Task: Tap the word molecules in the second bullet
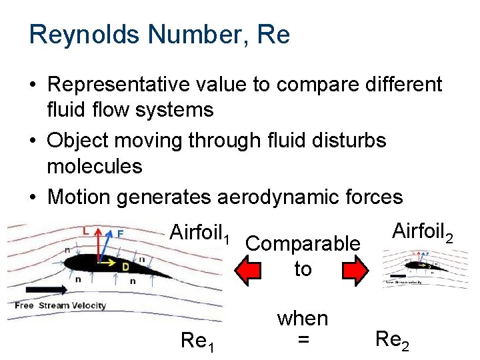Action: click(95, 166)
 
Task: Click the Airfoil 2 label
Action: click(423, 232)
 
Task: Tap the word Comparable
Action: click(303, 244)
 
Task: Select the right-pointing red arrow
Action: click(354, 270)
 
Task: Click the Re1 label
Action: click(198, 341)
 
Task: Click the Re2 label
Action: click(393, 339)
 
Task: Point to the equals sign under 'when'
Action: click(303, 340)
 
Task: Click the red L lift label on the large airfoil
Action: click(85, 230)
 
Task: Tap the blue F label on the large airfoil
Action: click(119, 233)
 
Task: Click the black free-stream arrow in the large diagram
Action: click(40, 289)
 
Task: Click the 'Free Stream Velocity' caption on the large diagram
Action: click(60, 306)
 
